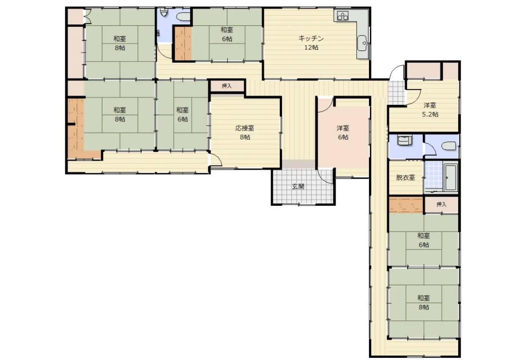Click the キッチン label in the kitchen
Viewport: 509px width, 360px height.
[311, 39]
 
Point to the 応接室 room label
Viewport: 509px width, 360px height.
[245, 128]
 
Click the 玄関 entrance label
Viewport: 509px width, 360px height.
[298, 187]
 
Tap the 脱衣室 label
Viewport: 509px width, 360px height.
[406, 177]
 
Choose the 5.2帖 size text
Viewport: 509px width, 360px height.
[430, 114]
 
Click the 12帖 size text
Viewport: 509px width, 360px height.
[311, 48]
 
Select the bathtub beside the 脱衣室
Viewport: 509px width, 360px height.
[451, 177]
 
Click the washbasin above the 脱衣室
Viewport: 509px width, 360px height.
[405, 141]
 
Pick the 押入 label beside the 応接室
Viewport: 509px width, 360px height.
[227, 86]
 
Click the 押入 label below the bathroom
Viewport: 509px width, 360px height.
[441, 205]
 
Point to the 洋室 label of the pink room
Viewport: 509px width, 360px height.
[343, 128]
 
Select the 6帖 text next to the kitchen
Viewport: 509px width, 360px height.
[227, 39]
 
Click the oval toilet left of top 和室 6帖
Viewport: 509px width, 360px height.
[183, 17]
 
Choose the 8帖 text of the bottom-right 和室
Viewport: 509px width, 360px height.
[424, 307]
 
